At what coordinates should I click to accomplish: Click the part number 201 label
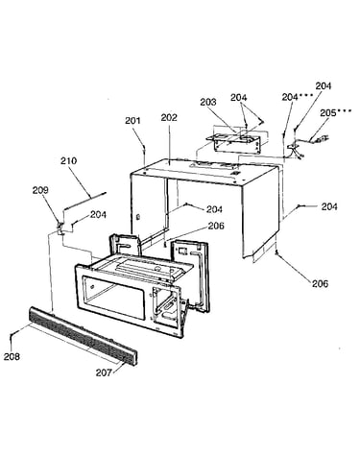coord(132,121)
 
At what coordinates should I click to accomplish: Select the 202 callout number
coord(169,117)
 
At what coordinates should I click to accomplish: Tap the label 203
coord(208,102)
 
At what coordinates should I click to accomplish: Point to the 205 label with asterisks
coord(336,112)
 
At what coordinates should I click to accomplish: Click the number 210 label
coord(69,160)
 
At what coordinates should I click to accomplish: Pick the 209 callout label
coord(40,190)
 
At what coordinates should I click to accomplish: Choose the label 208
coord(12,356)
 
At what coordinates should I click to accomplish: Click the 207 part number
coord(104,372)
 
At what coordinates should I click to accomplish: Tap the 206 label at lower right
coord(320,283)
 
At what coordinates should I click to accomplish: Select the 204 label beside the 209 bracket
coord(98,214)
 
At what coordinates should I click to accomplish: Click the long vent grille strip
coord(84,336)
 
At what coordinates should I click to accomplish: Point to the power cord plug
coord(323,139)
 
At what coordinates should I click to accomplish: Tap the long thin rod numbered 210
coord(84,201)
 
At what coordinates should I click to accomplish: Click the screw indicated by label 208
coord(12,334)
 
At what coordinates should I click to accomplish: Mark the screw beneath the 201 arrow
coord(145,148)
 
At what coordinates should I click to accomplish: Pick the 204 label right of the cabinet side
coord(329,206)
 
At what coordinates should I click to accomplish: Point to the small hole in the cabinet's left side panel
coord(137,217)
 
